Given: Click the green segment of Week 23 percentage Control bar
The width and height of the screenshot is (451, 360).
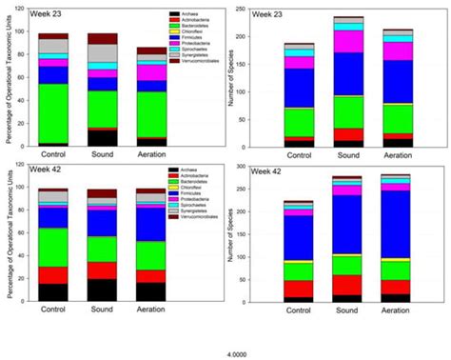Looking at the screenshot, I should click(53, 112).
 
